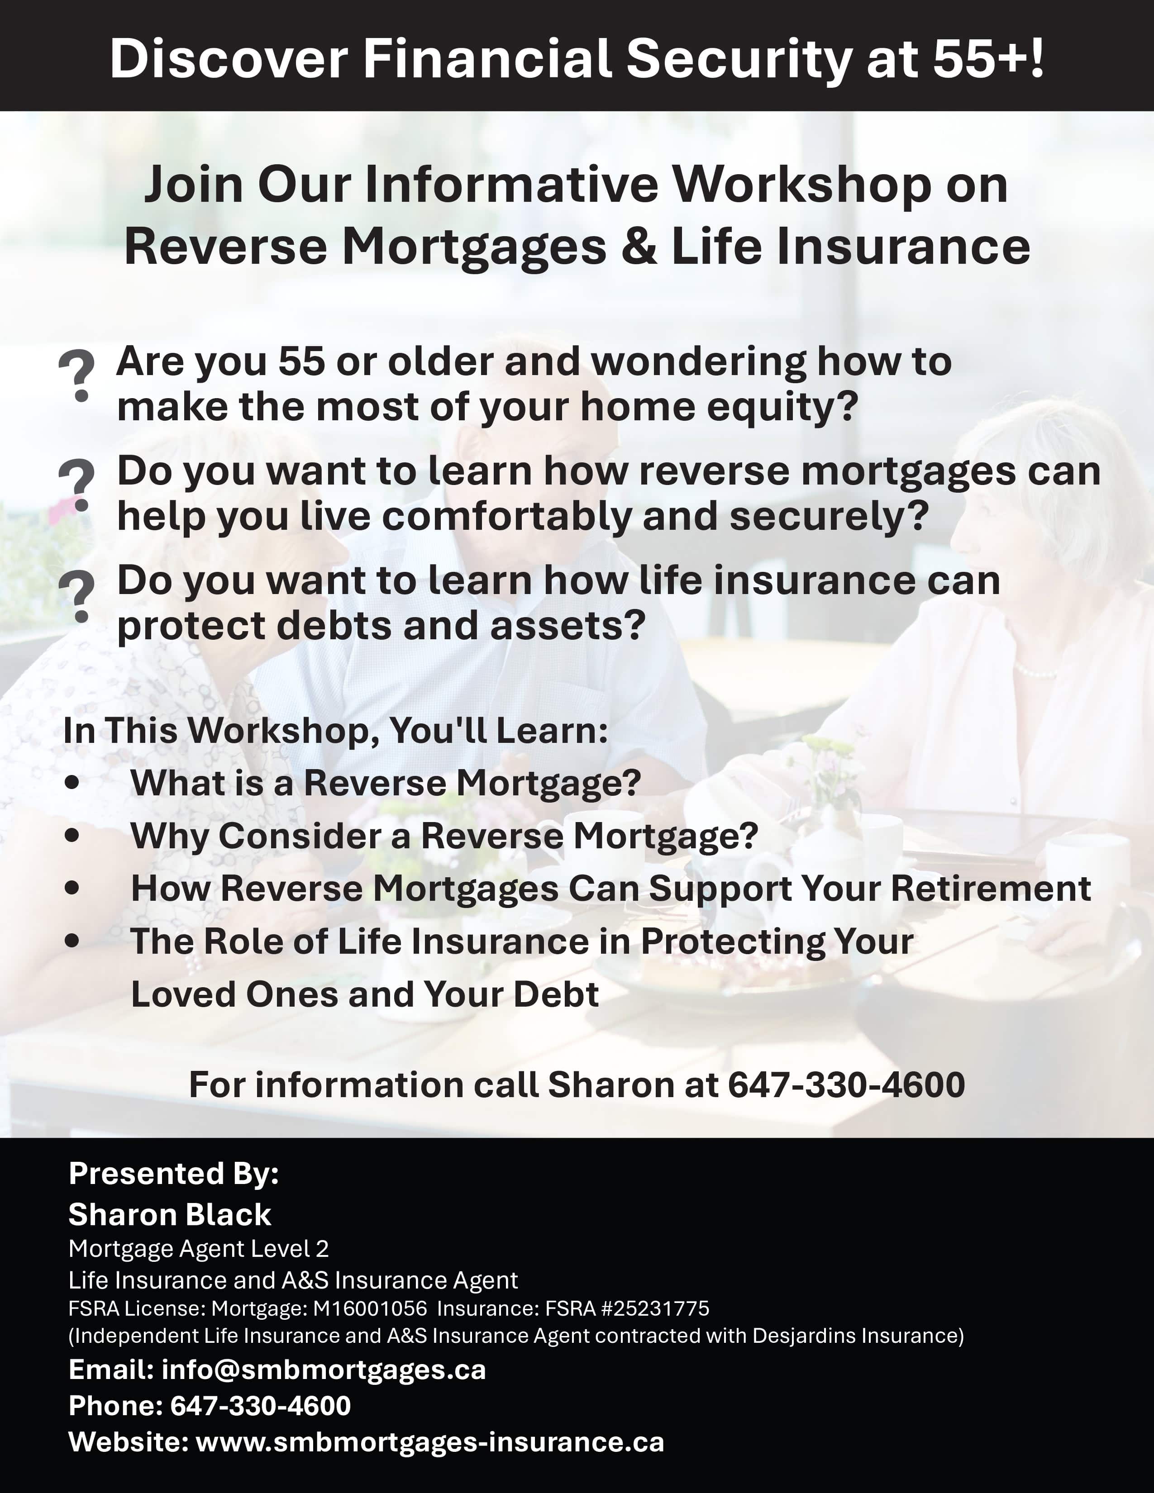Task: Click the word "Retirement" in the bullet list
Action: point(991,888)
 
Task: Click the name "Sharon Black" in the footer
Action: point(170,1214)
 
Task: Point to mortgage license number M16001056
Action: point(370,1308)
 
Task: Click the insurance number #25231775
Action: point(655,1308)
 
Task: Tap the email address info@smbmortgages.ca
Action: point(324,1370)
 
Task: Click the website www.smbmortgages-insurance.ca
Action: point(430,1442)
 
